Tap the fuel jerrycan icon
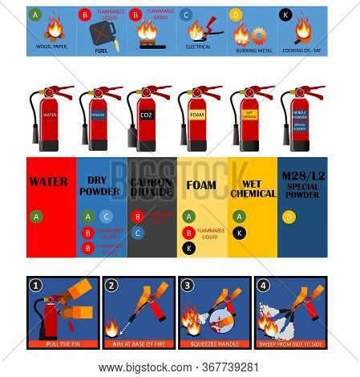103,34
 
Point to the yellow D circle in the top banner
235,14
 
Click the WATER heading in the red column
48,181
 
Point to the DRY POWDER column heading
99,185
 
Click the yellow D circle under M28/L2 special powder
288,216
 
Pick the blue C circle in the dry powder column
107,216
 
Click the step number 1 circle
35,285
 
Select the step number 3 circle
188,285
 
